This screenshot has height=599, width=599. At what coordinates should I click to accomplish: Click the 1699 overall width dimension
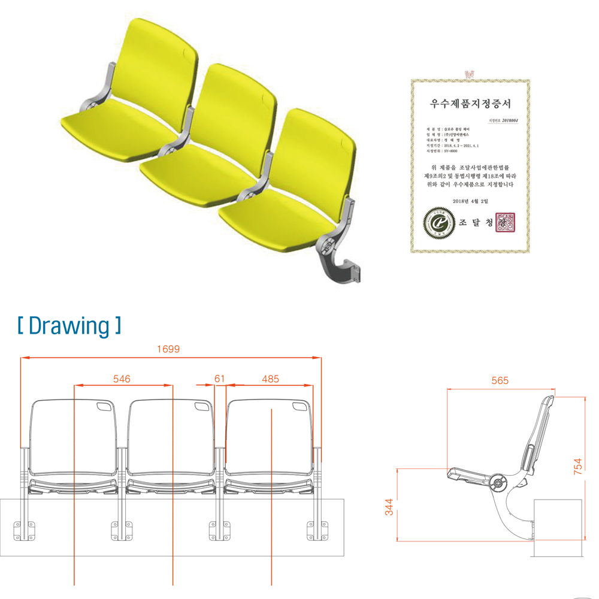point(168,349)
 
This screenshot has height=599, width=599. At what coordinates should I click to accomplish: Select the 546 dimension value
point(122,379)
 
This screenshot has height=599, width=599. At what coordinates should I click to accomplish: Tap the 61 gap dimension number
point(219,379)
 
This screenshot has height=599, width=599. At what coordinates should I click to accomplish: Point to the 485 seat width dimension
point(270,379)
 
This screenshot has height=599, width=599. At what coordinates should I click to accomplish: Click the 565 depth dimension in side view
point(500,381)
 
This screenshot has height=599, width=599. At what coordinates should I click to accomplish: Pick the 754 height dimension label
point(578,467)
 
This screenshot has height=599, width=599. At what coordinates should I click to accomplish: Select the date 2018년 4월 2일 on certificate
point(470,201)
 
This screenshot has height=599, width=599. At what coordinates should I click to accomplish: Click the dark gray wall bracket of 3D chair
point(342,267)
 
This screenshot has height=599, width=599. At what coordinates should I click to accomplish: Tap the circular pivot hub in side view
point(497,483)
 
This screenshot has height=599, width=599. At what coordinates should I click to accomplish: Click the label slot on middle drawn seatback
point(202,407)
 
